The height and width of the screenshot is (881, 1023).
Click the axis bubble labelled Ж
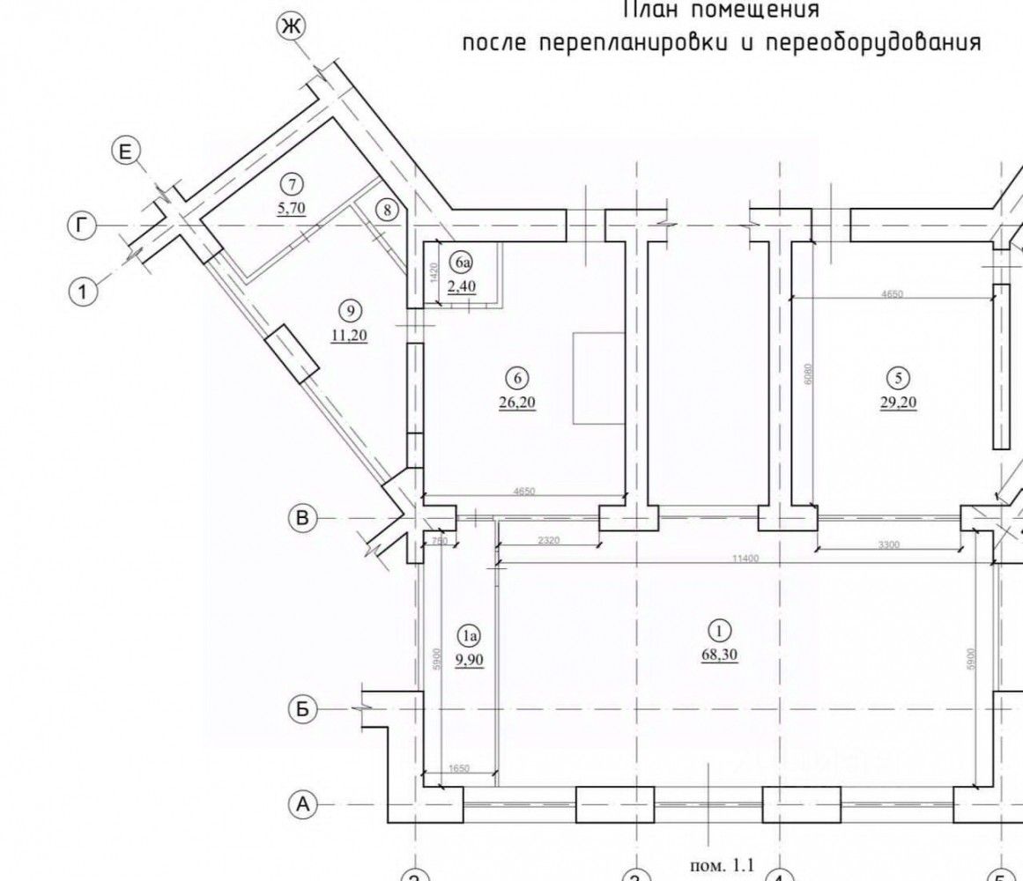pyautogui.click(x=290, y=27)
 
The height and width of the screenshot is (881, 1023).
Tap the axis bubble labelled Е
pyautogui.click(x=125, y=153)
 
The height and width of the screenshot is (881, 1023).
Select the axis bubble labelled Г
pyautogui.click(x=81, y=226)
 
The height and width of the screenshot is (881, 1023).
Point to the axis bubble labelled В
pyautogui.click(x=302, y=519)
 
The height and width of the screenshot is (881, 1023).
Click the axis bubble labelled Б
pyautogui.click(x=302, y=709)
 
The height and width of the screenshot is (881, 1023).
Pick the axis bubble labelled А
pyautogui.click(x=302, y=803)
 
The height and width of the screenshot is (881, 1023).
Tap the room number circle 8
pyautogui.click(x=388, y=210)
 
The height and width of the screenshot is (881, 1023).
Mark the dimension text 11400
pyautogui.click(x=745, y=558)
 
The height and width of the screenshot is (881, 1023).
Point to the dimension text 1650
pyautogui.click(x=458, y=769)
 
